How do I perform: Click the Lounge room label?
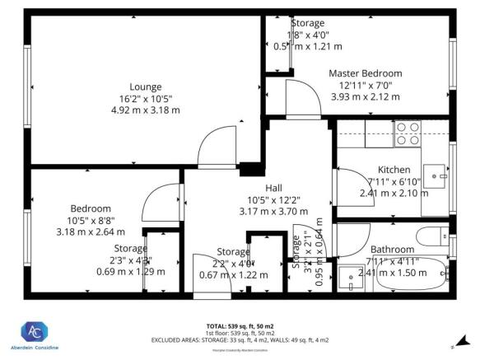click(145, 86)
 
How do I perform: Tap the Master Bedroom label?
click(365, 72)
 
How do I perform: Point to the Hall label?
click(262, 188)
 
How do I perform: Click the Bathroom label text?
click(393, 250)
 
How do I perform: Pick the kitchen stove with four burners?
click(407, 133)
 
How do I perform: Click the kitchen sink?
click(443, 175)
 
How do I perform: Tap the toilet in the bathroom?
click(431, 237)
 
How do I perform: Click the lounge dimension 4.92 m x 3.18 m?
click(145, 110)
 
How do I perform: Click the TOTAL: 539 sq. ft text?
click(239, 325)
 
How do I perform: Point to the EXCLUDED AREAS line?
click(239, 339)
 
